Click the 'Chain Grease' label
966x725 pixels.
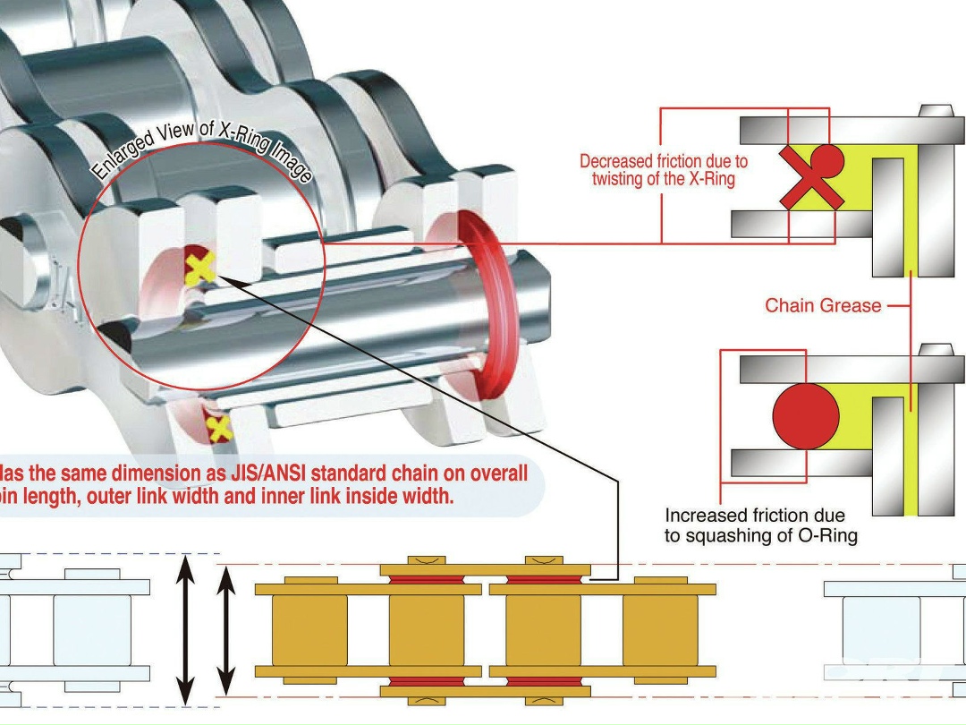822,306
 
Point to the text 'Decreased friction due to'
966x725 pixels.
663,162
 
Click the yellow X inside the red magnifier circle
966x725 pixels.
200,269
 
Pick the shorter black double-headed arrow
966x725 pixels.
227,630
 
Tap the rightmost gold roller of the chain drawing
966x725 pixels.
659,630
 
